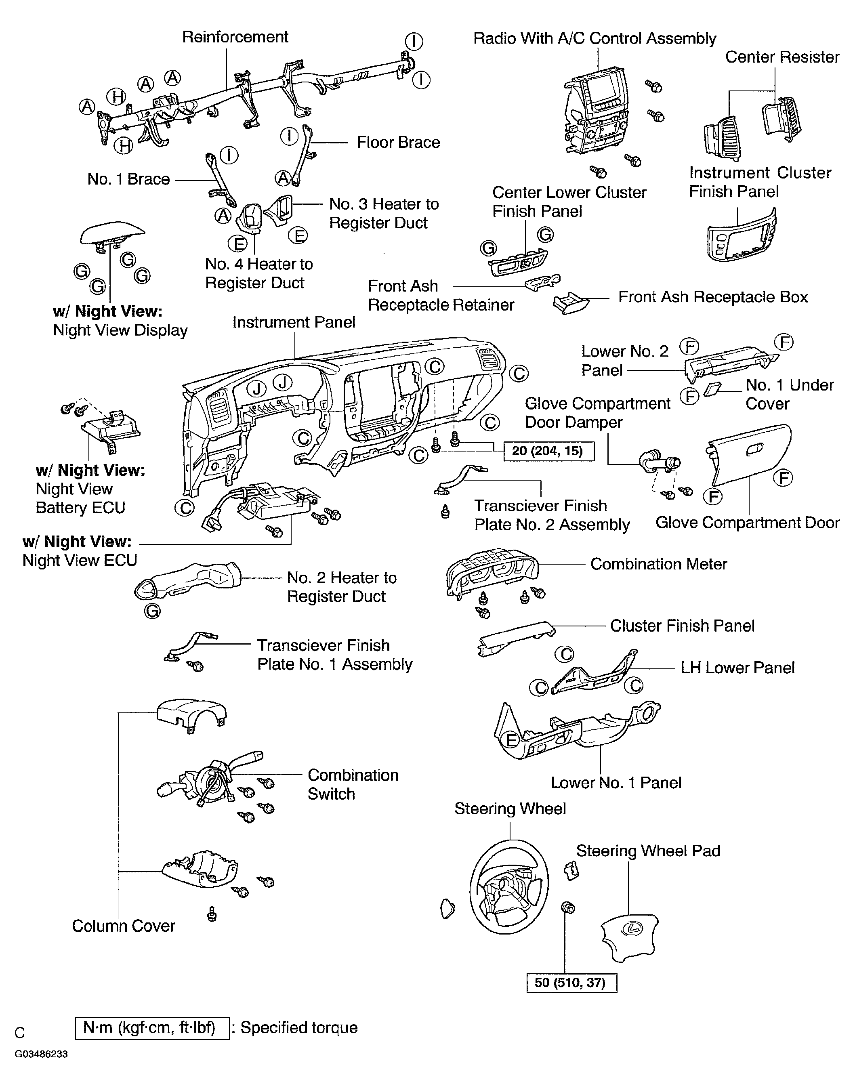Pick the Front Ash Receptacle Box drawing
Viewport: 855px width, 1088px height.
pos(571,303)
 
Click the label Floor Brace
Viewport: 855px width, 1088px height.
pos(398,143)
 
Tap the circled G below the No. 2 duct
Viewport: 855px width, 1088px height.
pos(152,611)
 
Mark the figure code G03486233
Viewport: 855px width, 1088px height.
pos(41,1054)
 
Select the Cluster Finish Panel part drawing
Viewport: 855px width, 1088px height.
pos(516,638)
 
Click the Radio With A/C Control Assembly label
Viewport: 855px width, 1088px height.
pos(594,38)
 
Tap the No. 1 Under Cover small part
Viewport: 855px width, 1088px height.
pos(712,389)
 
